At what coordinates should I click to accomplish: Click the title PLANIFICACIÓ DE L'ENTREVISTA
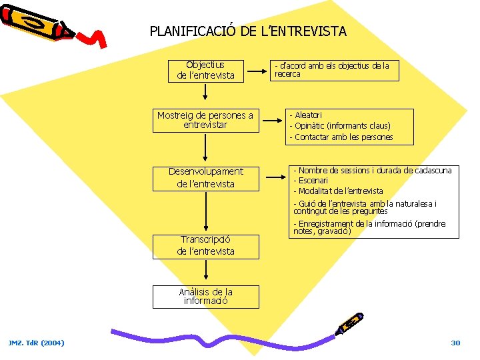click(x=248, y=31)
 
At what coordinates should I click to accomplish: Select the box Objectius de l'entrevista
click(x=205, y=70)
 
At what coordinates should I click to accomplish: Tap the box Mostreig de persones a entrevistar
click(x=205, y=121)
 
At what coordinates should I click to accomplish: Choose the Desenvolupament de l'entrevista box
click(x=205, y=177)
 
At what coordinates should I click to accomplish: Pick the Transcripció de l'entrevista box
click(x=205, y=245)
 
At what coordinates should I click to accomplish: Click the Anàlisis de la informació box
click(x=205, y=296)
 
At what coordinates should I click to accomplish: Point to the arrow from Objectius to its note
click(x=257, y=69)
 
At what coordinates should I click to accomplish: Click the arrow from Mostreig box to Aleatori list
click(x=272, y=121)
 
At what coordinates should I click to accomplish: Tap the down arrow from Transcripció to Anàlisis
click(x=206, y=271)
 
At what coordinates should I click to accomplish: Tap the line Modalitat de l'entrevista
click(x=340, y=191)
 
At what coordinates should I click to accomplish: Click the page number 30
click(x=455, y=343)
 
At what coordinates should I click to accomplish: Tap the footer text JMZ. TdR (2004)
click(x=37, y=343)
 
